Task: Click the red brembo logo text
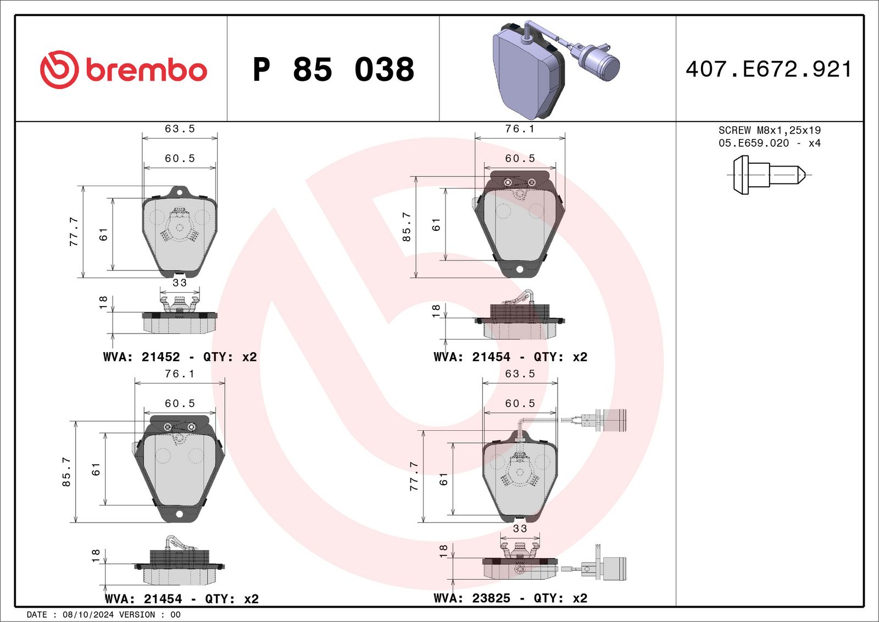[x=146, y=71]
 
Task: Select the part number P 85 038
[x=333, y=69]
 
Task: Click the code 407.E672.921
[x=769, y=69]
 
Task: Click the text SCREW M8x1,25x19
[x=770, y=130]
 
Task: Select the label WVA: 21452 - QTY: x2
[x=180, y=357]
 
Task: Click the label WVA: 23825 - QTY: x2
[x=510, y=598]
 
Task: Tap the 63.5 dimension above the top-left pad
[x=180, y=129]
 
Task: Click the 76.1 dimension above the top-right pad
[x=520, y=129]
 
